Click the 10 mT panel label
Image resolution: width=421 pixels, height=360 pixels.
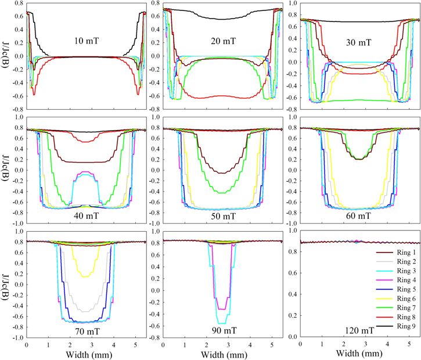coord(87,42)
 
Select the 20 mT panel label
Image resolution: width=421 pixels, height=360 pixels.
coord(223,41)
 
